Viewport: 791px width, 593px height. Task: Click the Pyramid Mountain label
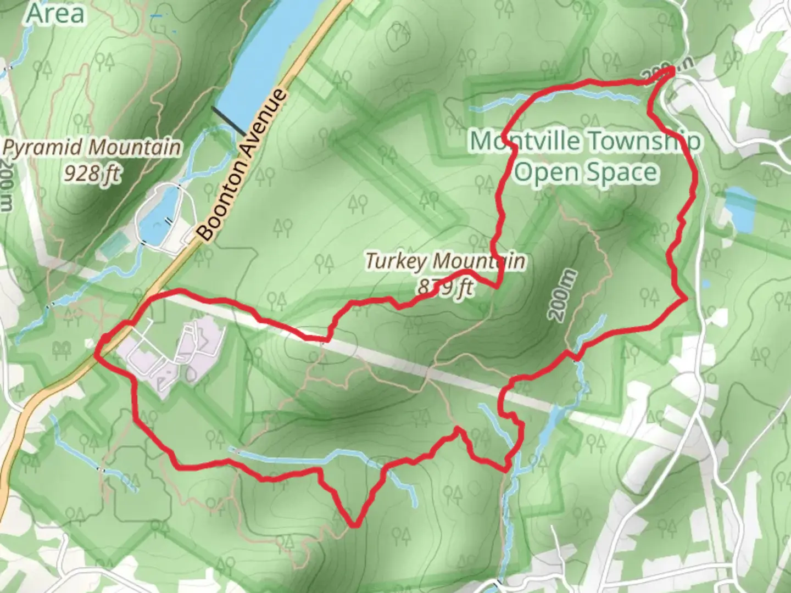tap(92, 147)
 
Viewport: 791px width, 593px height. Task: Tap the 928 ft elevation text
tap(91, 173)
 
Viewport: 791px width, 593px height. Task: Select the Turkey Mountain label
tap(445, 260)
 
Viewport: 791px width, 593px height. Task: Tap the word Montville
tap(525, 141)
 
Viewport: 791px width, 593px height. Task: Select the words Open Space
tap(586, 172)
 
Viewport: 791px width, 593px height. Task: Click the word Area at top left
tap(55, 13)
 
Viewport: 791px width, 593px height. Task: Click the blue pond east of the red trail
tap(739, 209)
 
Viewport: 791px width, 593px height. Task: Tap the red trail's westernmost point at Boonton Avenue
tap(97, 354)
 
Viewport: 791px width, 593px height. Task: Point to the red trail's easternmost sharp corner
tap(686, 299)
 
